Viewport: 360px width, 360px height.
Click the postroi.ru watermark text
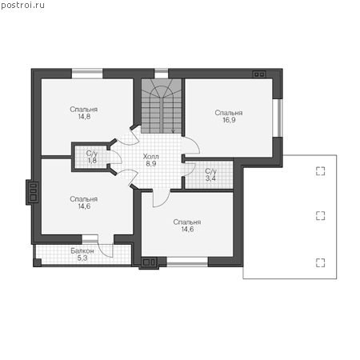point(22,6)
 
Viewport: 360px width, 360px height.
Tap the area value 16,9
point(229,120)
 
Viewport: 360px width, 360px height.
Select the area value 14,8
point(84,117)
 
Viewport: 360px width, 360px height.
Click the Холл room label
point(150,156)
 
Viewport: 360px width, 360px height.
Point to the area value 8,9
point(151,163)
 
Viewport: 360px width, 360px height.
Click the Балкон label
point(82,251)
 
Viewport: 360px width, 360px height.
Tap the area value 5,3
point(82,258)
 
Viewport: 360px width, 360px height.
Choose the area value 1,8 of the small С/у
point(92,161)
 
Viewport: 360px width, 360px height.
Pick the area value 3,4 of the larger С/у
point(210,178)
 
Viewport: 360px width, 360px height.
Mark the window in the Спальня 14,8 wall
point(87,74)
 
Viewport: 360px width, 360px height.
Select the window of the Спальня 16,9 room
point(278,118)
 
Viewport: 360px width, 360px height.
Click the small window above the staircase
point(162,74)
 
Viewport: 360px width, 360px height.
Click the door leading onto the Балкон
point(106,246)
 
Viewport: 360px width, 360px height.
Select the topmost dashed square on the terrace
point(320,171)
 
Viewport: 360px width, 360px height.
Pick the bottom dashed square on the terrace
point(320,262)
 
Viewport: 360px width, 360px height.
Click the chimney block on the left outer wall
point(33,192)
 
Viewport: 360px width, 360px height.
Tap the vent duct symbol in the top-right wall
point(259,74)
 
